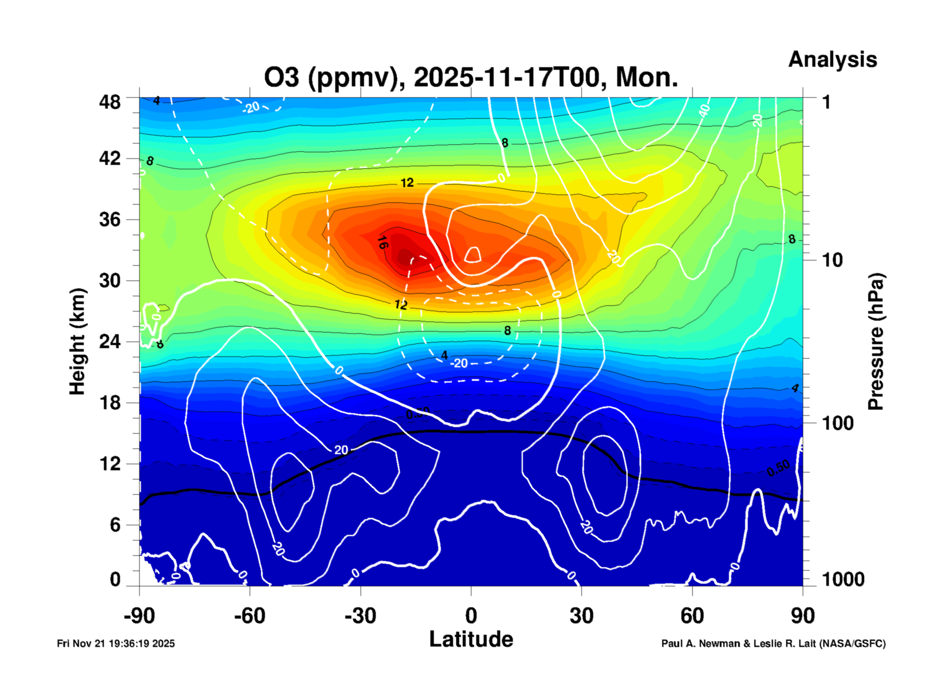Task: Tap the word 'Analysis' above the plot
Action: tap(832, 59)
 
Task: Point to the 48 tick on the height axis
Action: tap(110, 102)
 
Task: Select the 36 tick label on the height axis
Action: tap(110, 219)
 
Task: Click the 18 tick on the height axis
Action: tap(110, 402)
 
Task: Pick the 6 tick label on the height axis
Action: tap(115, 524)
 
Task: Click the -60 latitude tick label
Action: tap(249, 616)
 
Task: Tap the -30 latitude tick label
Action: tap(360, 616)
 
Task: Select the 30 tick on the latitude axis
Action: tap(581, 616)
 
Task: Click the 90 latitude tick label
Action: tap(802, 616)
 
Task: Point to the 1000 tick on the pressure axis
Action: tap(843, 579)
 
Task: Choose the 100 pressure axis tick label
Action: tap(838, 423)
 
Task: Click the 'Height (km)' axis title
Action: tap(77, 342)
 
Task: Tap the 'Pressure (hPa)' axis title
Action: tap(875, 342)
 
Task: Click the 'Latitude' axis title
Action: tap(471, 640)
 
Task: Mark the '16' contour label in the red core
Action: tap(382, 242)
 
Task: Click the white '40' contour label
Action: tap(704, 111)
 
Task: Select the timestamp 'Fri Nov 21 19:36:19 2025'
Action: tap(116, 643)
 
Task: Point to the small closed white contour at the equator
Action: tap(473, 254)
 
